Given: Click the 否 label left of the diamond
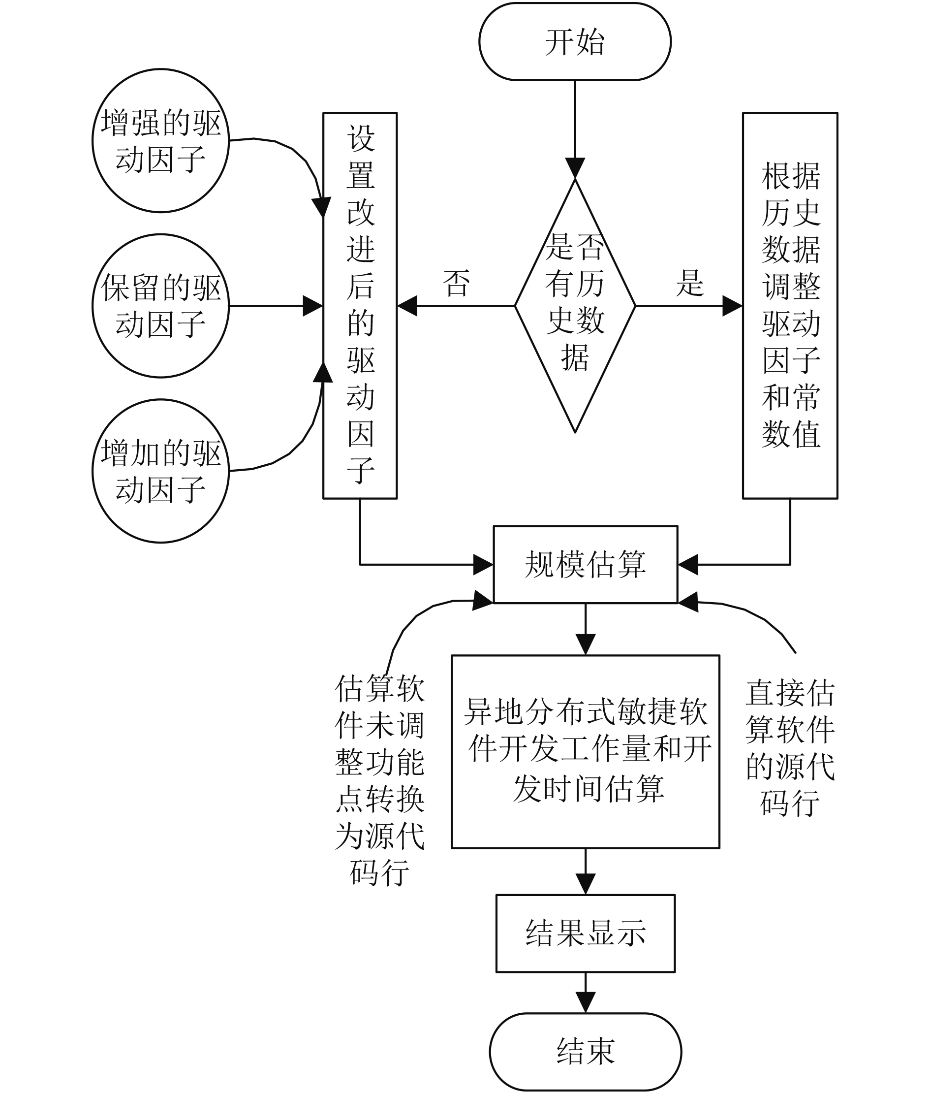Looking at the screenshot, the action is tap(457, 283).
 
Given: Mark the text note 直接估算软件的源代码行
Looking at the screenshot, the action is tap(790, 747).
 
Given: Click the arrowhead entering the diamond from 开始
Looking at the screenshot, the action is tap(575, 168).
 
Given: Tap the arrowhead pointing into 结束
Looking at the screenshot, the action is tap(585, 1002).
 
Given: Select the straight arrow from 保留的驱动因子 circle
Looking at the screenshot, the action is tap(276, 306).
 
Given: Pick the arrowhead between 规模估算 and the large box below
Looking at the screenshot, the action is tap(585, 644).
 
